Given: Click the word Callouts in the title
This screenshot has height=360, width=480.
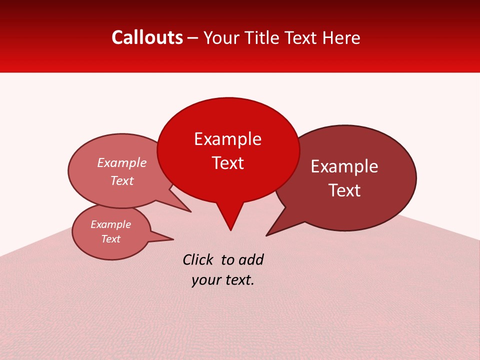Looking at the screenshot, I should tap(147, 37).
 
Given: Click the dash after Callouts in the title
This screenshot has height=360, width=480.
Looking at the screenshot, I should tap(193, 38).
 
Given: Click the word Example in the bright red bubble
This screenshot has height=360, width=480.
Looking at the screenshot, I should tap(227, 139).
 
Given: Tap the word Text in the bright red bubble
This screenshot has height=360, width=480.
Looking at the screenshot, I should tap(227, 163).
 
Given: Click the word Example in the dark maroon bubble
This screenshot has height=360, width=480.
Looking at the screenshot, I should tap(344, 166).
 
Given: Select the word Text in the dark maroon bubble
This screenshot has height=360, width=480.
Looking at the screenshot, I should tap(344, 190).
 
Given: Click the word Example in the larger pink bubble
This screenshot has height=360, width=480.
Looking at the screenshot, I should tap(121, 162).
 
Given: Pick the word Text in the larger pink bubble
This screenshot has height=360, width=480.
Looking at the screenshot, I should tap(121, 180).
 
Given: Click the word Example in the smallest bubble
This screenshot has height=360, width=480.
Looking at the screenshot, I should tap(110, 224).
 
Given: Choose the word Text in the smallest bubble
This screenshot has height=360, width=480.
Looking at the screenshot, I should tap(110, 239).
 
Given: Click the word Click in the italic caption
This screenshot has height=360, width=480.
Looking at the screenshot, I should tap(198, 259).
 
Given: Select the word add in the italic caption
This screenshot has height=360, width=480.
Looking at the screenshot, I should tap(250, 259).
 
